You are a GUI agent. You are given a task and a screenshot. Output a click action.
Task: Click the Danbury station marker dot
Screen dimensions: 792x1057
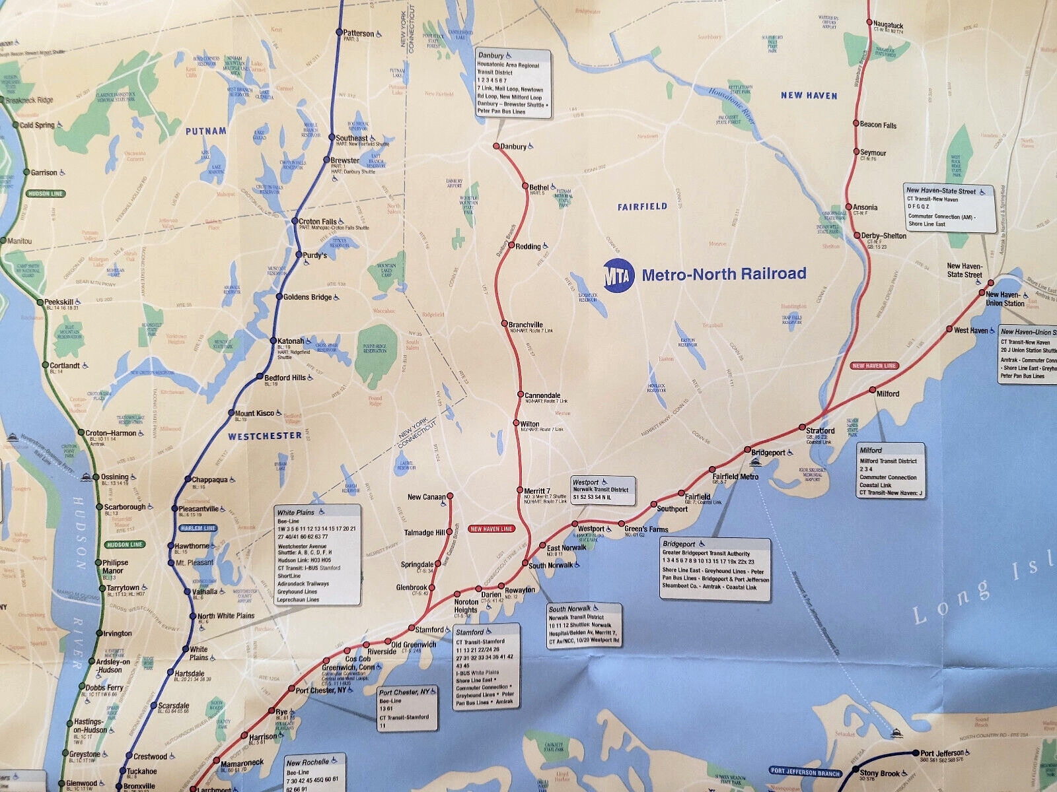coord(496,146)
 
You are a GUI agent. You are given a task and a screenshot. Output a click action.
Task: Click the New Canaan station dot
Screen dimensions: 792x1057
coord(450,496)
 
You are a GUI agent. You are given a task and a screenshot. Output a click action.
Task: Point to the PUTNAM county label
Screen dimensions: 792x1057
coord(205,131)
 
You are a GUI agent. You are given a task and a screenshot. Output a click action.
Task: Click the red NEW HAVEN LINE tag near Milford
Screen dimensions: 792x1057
coord(874,365)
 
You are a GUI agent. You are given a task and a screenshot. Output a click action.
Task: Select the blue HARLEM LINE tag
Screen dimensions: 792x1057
coord(198,528)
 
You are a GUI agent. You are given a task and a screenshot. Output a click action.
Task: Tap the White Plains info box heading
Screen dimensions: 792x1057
coord(295,512)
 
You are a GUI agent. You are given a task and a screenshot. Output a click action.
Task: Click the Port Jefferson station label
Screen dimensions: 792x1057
coord(947,752)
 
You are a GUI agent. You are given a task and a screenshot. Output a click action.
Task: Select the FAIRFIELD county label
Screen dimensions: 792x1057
coord(642,207)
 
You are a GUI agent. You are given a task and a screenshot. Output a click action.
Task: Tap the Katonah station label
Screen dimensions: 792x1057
coord(290,341)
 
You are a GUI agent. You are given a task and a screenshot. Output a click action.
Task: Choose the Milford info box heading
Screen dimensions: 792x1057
coord(871,450)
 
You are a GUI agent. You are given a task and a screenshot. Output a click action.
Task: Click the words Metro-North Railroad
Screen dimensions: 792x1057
coord(724,274)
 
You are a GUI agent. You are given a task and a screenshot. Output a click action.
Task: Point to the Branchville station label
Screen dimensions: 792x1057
coord(526,325)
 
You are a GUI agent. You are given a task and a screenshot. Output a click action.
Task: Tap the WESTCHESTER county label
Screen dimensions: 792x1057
coord(265,436)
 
